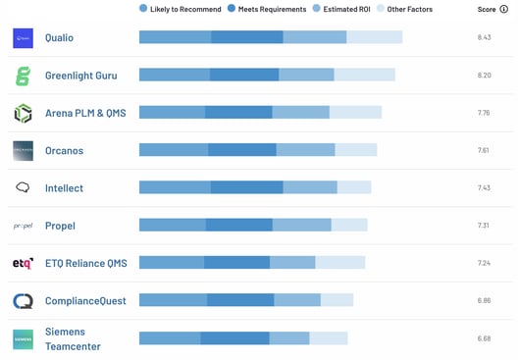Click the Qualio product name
(x=59, y=37)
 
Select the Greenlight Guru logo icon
(x=23, y=76)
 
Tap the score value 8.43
(x=483, y=37)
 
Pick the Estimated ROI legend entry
(x=344, y=9)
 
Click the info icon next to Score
(x=504, y=9)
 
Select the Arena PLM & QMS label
(x=85, y=113)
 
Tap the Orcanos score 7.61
(x=483, y=150)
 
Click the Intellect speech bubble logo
(x=23, y=187)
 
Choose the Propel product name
(x=60, y=226)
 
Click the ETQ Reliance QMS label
(x=85, y=263)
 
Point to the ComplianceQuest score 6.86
(x=483, y=300)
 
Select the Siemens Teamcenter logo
(x=23, y=338)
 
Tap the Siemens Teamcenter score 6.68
(x=483, y=338)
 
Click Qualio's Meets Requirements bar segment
(x=247, y=37)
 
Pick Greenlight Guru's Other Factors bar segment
(x=364, y=75)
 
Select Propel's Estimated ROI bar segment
(x=301, y=225)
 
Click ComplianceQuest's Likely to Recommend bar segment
(x=173, y=300)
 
